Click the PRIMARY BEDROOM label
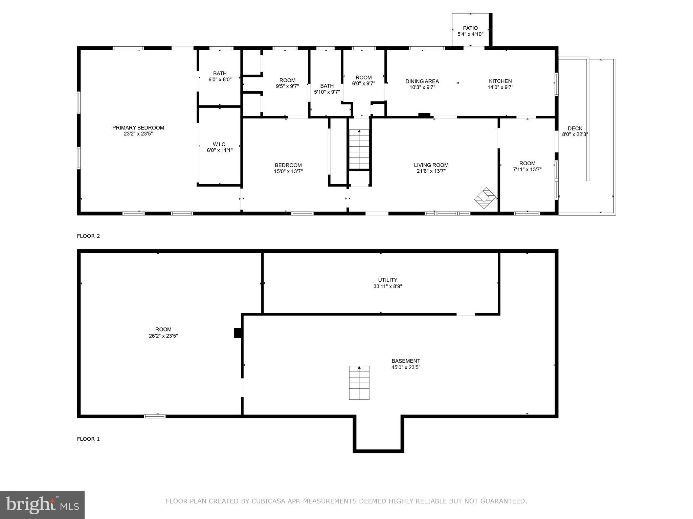138,128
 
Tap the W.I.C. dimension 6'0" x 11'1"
220,150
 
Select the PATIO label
470,28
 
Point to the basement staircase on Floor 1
359,383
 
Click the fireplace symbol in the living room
485,198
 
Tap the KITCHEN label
500,81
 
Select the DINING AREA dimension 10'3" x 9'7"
422,87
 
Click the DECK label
575,128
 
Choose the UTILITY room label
387,280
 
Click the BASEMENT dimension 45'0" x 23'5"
406,367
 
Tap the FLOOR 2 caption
88,236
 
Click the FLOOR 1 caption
88,439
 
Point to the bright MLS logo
42,505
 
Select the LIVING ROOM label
431,165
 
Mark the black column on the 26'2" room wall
238,333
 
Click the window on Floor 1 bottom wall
155,416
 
